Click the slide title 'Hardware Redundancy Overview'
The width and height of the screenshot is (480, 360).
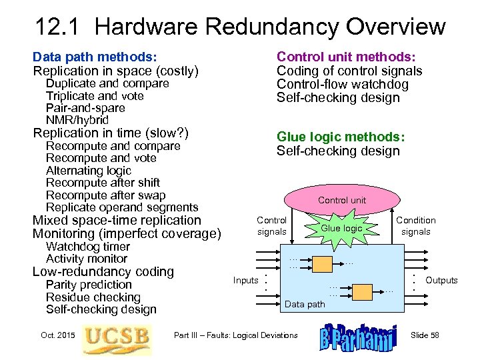click(240, 27)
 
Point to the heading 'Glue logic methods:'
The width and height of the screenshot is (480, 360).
click(341, 137)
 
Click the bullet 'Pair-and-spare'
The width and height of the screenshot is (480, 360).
click(85, 108)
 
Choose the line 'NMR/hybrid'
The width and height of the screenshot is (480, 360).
click(77, 120)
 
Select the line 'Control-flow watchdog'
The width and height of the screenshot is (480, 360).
click(343, 85)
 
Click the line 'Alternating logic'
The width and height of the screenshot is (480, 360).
click(89, 171)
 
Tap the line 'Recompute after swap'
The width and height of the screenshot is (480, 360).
click(105, 195)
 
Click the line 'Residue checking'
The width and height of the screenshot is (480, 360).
click(93, 297)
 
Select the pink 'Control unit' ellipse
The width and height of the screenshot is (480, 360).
click(341, 200)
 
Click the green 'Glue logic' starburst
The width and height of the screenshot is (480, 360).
click(341, 228)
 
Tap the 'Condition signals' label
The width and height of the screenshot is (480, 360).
click(416, 226)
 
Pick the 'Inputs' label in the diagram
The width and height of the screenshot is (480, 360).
click(245, 281)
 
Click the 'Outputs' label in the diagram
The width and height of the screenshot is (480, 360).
click(441, 281)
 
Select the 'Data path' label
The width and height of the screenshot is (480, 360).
click(305, 304)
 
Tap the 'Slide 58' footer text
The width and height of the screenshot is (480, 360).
click(425, 335)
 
